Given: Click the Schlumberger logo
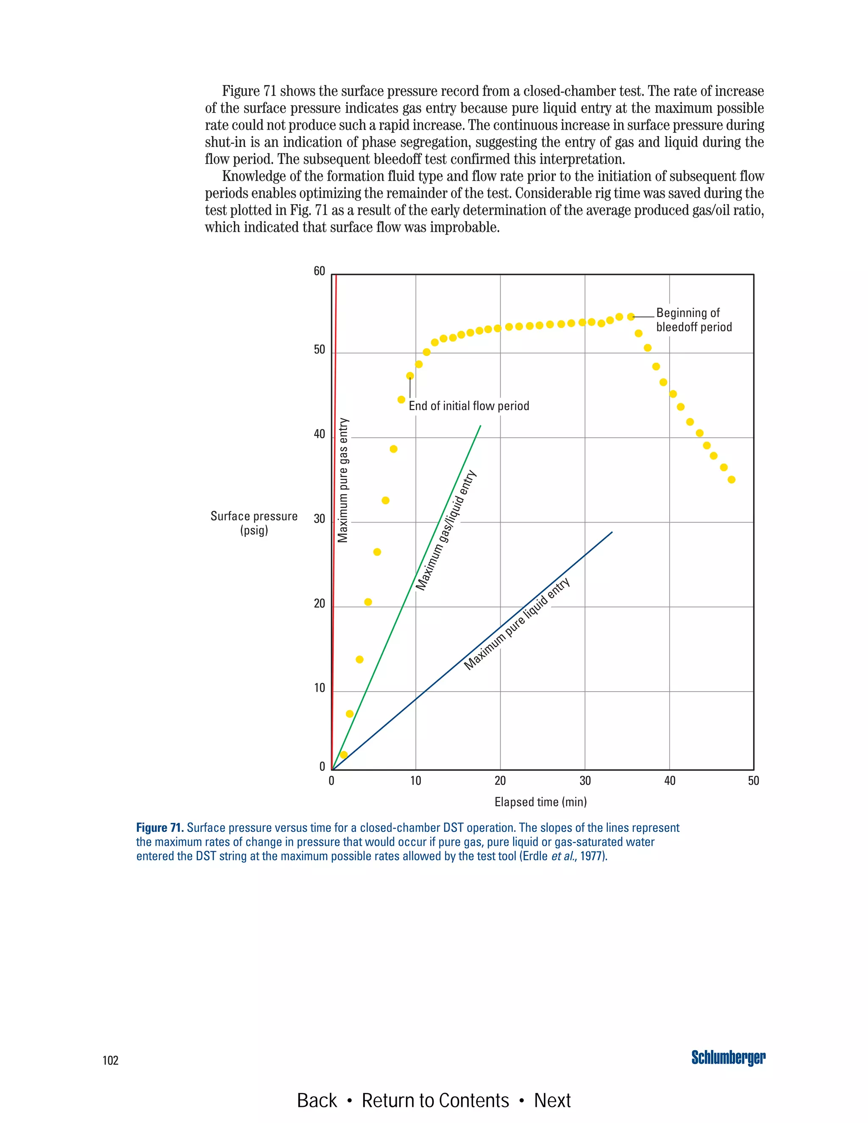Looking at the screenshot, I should tap(728, 1058).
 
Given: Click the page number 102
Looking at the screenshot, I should tap(111, 1060).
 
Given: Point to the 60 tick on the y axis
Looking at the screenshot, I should tap(319, 272).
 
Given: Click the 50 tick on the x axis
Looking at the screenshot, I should tap(753, 781).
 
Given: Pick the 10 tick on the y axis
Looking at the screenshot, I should tap(319, 688).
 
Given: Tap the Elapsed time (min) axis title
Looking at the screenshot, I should tap(540, 802).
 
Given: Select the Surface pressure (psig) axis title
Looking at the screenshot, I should tap(254, 523).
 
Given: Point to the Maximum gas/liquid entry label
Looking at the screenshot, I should tap(446, 530).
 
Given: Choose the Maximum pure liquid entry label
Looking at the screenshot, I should tap(517, 624).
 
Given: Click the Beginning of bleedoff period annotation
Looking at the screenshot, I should tap(694, 320).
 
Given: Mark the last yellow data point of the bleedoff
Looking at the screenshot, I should tap(731, 480).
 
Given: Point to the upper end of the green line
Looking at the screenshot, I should tap(480, 426).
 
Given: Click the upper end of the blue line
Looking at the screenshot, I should tap(612, 532).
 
